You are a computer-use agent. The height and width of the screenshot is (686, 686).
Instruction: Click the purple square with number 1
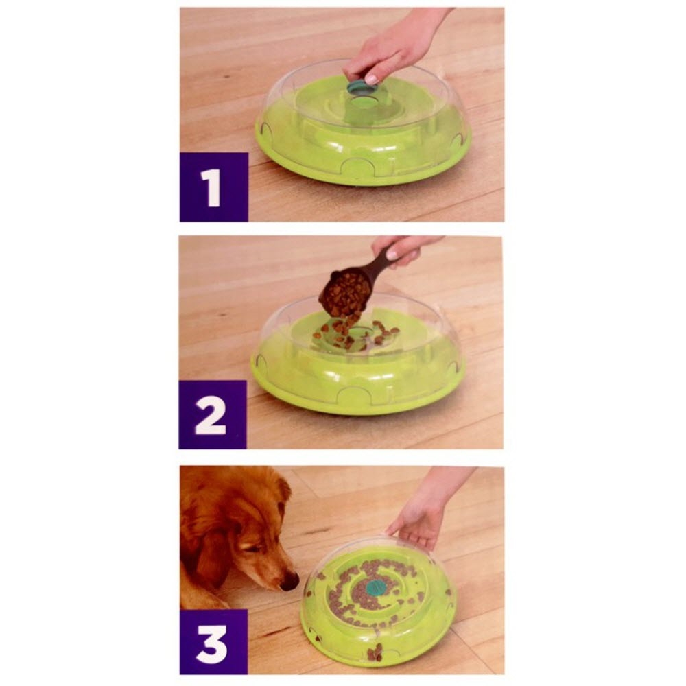point(213,187)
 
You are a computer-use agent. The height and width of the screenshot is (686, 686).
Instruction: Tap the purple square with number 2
point(213,414)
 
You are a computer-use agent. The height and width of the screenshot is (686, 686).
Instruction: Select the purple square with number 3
point(213,642)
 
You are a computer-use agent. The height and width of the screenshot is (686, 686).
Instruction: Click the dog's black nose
point(290,582)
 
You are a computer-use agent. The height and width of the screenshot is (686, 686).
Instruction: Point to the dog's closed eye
point(251,547)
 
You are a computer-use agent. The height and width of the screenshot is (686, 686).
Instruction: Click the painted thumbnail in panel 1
point(371,80)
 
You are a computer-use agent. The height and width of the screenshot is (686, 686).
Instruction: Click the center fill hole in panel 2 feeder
point(359,331)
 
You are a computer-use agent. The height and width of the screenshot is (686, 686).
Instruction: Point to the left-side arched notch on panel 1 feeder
point(263,128)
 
